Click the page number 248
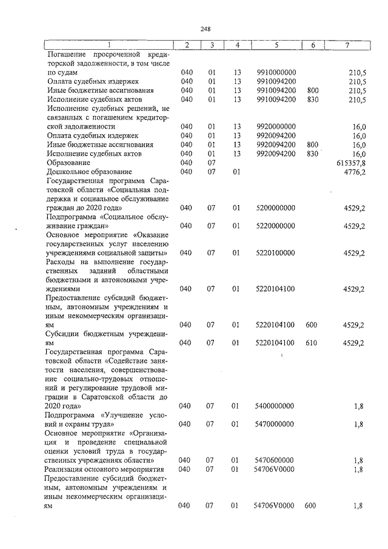(205, 28)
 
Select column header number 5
(276, 45)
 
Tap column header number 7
(347, 45)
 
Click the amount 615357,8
(350, 163)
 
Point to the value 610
(312, 343)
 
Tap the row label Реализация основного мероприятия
(105, 469)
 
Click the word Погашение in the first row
(67, 54)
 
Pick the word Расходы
(62, 261)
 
